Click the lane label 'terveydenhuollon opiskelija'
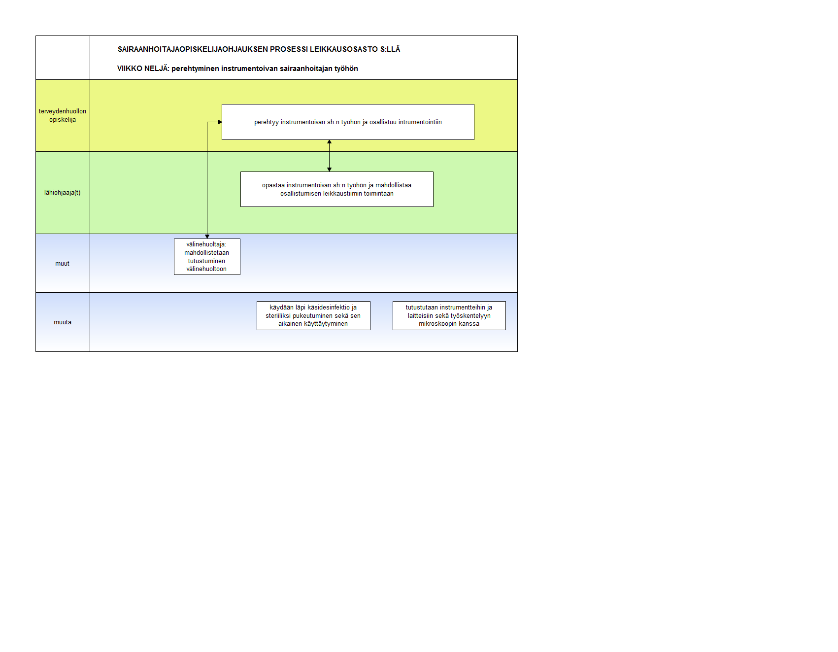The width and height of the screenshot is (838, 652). click(63, 115)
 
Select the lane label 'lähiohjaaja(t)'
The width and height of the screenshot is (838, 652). click(63, 193)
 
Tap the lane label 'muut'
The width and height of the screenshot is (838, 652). click(63, 264)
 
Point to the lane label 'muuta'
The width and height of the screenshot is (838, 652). click(63, 322)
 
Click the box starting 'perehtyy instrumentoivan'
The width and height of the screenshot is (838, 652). click(348, 122)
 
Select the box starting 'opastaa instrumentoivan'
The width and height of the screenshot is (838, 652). click(337, 189)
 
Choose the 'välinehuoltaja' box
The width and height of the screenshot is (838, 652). click(207, 257)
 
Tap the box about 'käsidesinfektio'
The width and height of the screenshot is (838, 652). click(313, 315)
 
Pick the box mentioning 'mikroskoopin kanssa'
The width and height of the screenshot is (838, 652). click(449, 315)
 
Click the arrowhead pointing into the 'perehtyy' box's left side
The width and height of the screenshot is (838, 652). click(220, 122)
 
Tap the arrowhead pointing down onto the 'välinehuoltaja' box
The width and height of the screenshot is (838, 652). click(207, 237)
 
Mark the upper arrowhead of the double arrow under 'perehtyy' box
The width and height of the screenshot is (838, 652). click(330, 142)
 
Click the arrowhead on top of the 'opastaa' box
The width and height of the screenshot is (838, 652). click(330, 170)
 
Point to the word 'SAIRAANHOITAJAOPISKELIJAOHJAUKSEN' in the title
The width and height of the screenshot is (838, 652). click(193, 49)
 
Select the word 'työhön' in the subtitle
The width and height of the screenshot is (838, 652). click(346, 69)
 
